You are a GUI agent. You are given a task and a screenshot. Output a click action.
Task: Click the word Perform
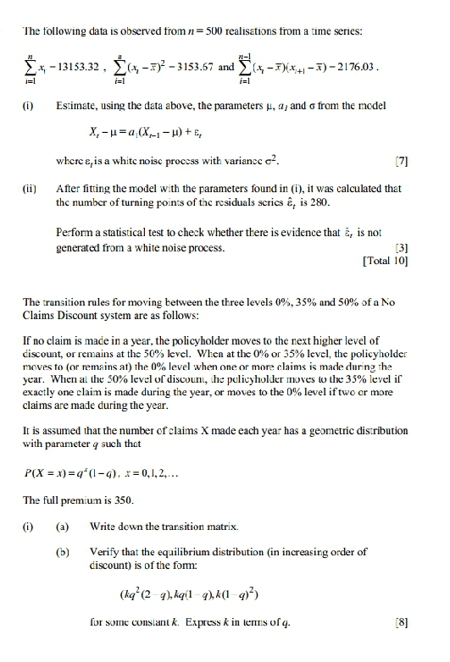click(x=75, y=235)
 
